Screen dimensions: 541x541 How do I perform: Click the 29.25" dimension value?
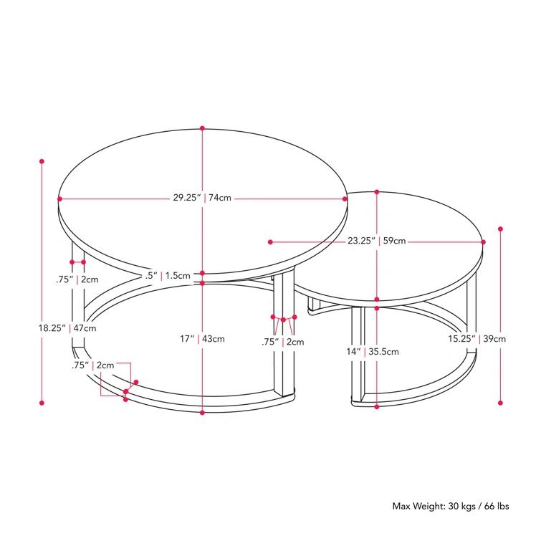pyautogui.click(x=187, y=198)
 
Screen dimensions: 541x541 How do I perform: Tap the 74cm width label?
pyautogui.click(x=220, y=198)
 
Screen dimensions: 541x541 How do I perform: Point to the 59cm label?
pyautogui.click(x=394, y=241)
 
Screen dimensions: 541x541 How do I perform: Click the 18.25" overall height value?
pyautogui.click(x=52, y=328)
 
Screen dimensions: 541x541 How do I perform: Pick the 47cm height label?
pyautogui.click(x=85, y=328)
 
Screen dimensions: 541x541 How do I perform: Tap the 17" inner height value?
pyautogui.click(x=188, y=339)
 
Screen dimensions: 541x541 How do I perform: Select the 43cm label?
pyautogui.click(x=214, y=339)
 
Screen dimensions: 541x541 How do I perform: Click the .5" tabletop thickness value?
pyautogui.click(x=150, y=275)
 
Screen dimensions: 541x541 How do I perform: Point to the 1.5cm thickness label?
pyautogui.click(x=178, y=275)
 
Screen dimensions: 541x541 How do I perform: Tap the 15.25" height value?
pyautogui.click(x=461, y=339)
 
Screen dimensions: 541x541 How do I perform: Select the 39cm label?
pyautogui.click(x=494, y=339)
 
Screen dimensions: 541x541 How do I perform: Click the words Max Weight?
pyautogui.click(x=416, y=507)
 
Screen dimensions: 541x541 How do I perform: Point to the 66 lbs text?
pyautogui.click(x=494, y=507)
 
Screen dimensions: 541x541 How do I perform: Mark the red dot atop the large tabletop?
pyautogui.click(x=203, y=129)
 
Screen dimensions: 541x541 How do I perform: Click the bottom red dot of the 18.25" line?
pyautogui.click(x=42, y=404)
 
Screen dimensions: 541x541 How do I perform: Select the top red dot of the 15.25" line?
pyautogui.click(x=500, y=229)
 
